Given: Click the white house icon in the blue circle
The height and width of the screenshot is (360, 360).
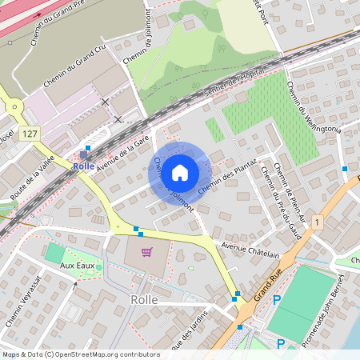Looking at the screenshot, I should [x=180, y=172].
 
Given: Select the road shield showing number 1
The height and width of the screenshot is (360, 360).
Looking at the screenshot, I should [x=318, y=221].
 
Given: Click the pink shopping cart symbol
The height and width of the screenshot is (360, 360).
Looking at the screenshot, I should [x=146, y=252].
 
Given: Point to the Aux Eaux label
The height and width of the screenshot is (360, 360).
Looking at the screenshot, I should [x=78, y=264].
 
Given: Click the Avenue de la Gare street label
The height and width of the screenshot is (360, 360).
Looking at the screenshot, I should [x=124, y=150].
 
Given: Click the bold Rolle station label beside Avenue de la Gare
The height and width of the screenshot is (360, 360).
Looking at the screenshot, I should [x=83, y=166].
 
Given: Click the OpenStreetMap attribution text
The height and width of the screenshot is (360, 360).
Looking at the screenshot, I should [x=81, y=354].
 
